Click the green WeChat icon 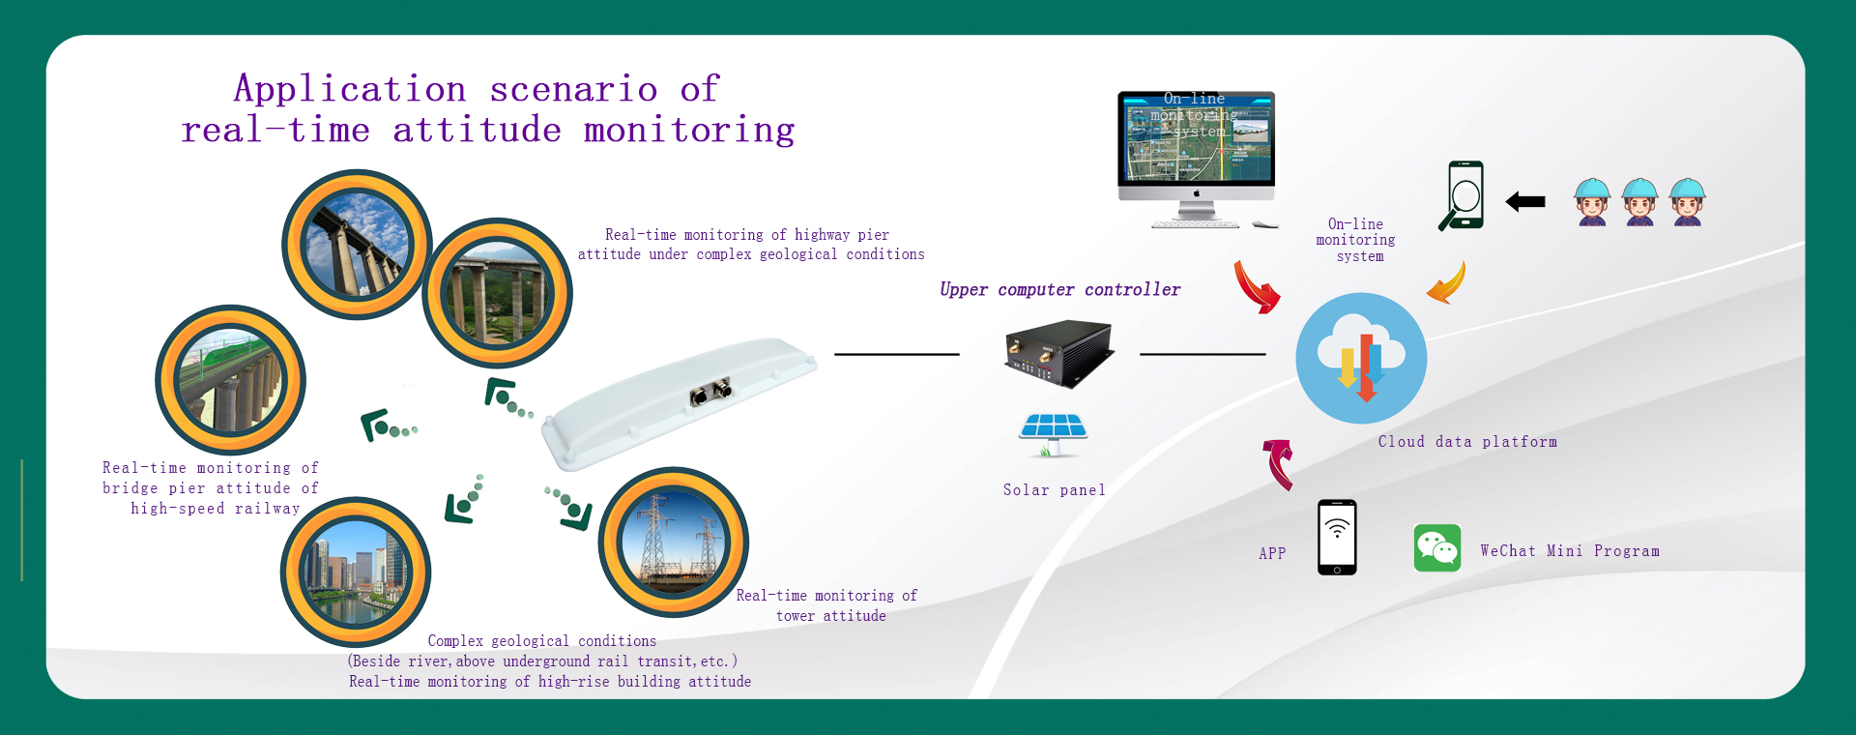pyautogui.click(x=1436, y=548)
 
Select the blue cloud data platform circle pyautogui.click(x=1361, y=358)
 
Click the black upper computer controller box pyautogui.click(x=1058, y=354)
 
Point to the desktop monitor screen pyautogui.click(x=1196, y=138)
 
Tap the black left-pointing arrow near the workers pyautogui.click(x=1525, y=201)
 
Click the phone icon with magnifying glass pyautogui.click(x=1462, y=195)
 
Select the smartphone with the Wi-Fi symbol pyautogui.click(x=1337, y=538)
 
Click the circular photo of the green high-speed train pyautogui.click(x=230, y=380)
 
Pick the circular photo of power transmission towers pyautogui.click(x=673, y=542)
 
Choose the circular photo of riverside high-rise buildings pyautogui.click(x=355, y=572)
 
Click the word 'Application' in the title pyautogui.click(x=350, y=89)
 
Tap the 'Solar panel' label pyautogui.click(x=1054, y=490)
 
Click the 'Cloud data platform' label pyautogui.click(x=1467, y=442)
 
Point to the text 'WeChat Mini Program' pyautogui.click(x=1569, y=551)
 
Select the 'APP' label pyautogui.click(x=1272, y=553)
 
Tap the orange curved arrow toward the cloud pyautogui.click(x=1447, y=283)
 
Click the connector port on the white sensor pyautogui.click(x=710, y=393)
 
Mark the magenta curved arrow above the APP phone pyautogui.click(x=1279, y=462)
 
